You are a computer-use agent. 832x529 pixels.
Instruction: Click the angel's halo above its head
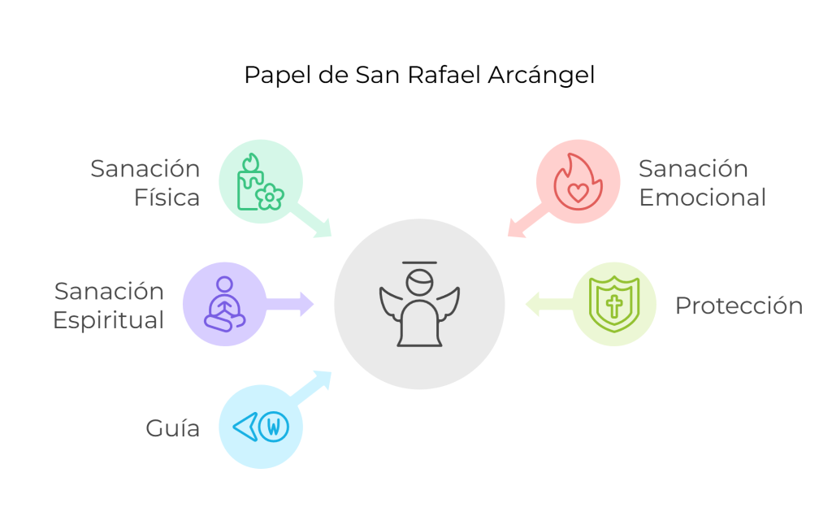(419, 264)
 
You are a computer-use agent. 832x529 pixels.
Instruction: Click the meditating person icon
(223, 304)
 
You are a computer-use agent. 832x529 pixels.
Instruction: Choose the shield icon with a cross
(614, 304)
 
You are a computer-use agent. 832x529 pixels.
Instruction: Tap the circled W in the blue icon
(275, 426)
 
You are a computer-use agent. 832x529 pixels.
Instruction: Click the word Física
(167, 197)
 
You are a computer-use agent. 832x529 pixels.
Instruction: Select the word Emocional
(702, 197)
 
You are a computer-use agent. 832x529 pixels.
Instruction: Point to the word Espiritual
(108, 320)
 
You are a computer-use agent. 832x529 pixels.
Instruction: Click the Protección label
(739, 306)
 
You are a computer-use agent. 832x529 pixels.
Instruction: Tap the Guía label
(172, 428)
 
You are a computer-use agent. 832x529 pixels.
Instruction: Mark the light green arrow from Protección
(544, 304)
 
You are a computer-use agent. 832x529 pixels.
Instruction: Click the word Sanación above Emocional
(692, 169)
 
